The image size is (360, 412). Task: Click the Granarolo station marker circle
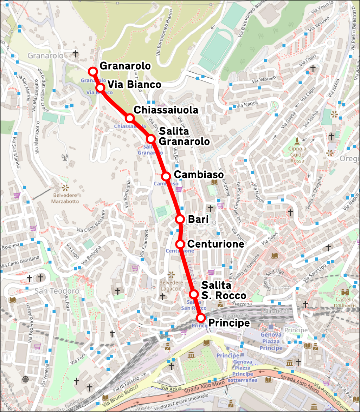pyautogui.click(x=93, y=71)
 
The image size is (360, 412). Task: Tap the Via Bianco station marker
pyautogui.click(x=101, y=87)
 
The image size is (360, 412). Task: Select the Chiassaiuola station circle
pyautogui.click(x=130, y=118)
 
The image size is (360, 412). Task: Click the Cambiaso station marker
pyautogui.click(x=166, y=176)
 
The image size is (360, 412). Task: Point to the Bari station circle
pyautogui.click(x=180, y=219)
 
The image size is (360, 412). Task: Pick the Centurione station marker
pyautogui.click(x=180, y=244)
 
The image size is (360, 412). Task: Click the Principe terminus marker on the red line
pyautogui.click(x=200, y=318)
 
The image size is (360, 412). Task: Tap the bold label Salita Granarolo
pyautogui.click(x=184, y=136)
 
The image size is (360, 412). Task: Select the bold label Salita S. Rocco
pyautogui.click(x=224, y=290)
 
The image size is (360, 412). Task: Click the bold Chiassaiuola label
pyautogui.click(x=166, y=110)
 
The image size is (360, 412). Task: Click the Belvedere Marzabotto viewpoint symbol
pyautogui.click(x=65, y=188)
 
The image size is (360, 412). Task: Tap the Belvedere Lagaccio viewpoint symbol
pyautogui.click(x=171, y=274)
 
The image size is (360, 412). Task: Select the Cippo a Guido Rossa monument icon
pyautogui.click(x=297, y=141)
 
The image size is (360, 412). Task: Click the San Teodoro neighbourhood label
pyautogui.click(x=57, y=291)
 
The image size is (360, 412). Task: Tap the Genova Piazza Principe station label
pyautogui.click(x=271, y=341)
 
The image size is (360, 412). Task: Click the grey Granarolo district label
pyautogui.click(x=45, y=55)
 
